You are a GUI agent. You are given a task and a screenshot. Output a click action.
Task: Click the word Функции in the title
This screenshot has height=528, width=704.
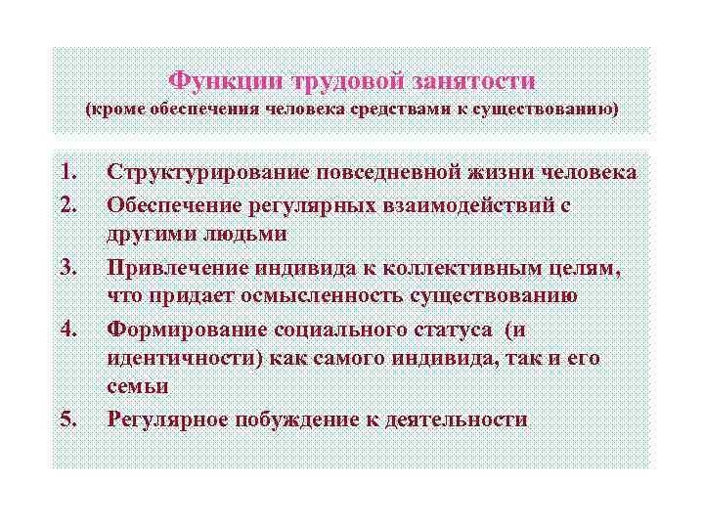point(214,79)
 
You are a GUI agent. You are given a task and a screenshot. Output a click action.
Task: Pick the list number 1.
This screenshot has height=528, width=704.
point(68,173)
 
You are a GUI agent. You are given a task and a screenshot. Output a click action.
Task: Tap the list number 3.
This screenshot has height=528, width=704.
point(68,268)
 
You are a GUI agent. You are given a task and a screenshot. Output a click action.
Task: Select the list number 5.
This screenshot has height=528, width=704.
point(68,419)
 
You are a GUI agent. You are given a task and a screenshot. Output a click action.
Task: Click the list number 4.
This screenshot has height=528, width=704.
point(68,329)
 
